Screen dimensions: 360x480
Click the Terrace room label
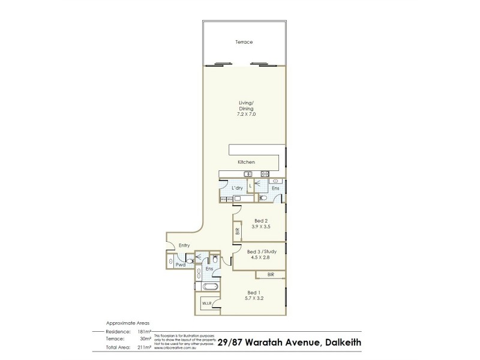coord(244,43)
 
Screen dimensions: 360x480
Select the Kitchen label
coord(246,162)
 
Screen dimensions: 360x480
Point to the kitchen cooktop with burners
coord(265,174)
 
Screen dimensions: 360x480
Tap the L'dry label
coord(237,188)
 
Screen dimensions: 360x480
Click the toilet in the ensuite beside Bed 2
coord(263,197)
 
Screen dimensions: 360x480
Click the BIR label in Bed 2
coord(238,230)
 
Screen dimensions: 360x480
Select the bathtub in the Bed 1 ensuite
coord(209,287)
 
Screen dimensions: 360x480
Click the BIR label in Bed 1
coord(271,275)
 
